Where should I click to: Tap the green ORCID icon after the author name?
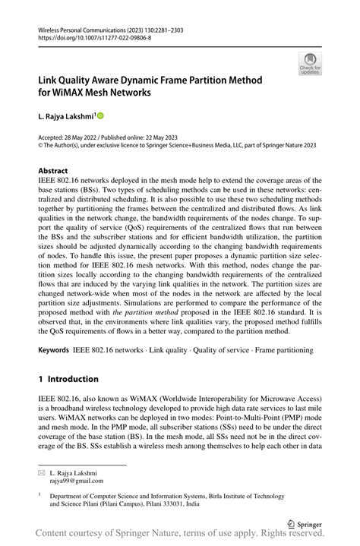[99, 116]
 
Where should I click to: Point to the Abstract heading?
[53, 170]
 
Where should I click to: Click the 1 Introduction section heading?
[68, 378]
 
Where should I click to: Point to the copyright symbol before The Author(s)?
[41, 144]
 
